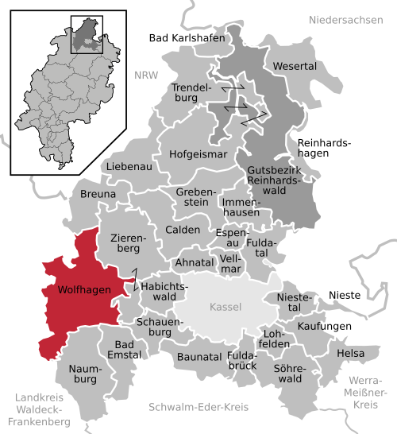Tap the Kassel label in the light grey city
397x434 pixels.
pyautogui.click(x=225, y=308)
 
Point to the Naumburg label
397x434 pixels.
pyautogui.click(x=81, y=374)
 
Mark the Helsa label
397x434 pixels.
pyautogui.click(x=350, y=353)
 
